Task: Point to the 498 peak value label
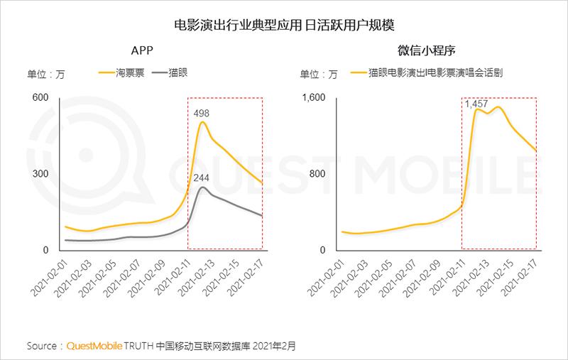(202, 112)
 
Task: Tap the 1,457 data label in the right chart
(476, 104)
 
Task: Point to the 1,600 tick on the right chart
(313, 97)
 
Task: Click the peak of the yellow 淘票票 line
(202, 122)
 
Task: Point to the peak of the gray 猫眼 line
(203, 187)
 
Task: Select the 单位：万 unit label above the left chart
(45, 74)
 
